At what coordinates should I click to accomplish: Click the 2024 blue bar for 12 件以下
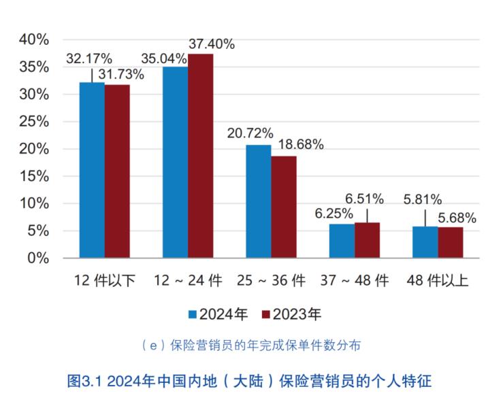point(92,170)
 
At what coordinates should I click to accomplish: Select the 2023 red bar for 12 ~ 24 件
point(200,156)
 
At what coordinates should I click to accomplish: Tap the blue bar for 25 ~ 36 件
point(258,201)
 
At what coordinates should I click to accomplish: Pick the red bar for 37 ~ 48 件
point(367,240)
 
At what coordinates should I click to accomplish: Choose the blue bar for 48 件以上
point(425,242)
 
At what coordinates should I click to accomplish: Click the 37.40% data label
point(212,44)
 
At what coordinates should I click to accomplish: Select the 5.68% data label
point(457,218)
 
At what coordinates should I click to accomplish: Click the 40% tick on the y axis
point(33,39)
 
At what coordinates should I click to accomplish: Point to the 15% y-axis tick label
point(33,176)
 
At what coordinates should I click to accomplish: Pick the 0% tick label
point(37,258)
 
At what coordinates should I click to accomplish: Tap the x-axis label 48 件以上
point(437,280)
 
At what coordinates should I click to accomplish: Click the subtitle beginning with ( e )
point(250,345)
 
